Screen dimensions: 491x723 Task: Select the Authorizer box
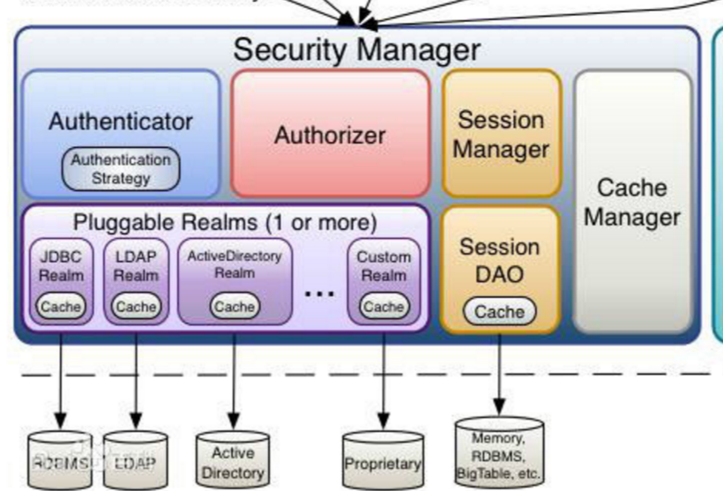330,135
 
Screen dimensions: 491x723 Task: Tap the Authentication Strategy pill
121,169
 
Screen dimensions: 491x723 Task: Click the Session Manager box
501,134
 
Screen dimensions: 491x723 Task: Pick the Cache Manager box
632,202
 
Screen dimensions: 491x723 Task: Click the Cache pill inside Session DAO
500,311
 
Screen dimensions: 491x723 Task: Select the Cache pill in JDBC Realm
61,307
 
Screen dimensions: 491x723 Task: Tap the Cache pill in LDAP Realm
136,307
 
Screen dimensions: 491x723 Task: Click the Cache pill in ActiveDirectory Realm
235,307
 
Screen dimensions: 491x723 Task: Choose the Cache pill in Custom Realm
384,307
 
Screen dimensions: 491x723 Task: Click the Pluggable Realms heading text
225,221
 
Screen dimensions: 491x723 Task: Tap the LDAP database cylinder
135,459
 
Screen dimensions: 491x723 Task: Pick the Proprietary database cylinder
383,460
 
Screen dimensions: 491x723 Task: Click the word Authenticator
121,121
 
